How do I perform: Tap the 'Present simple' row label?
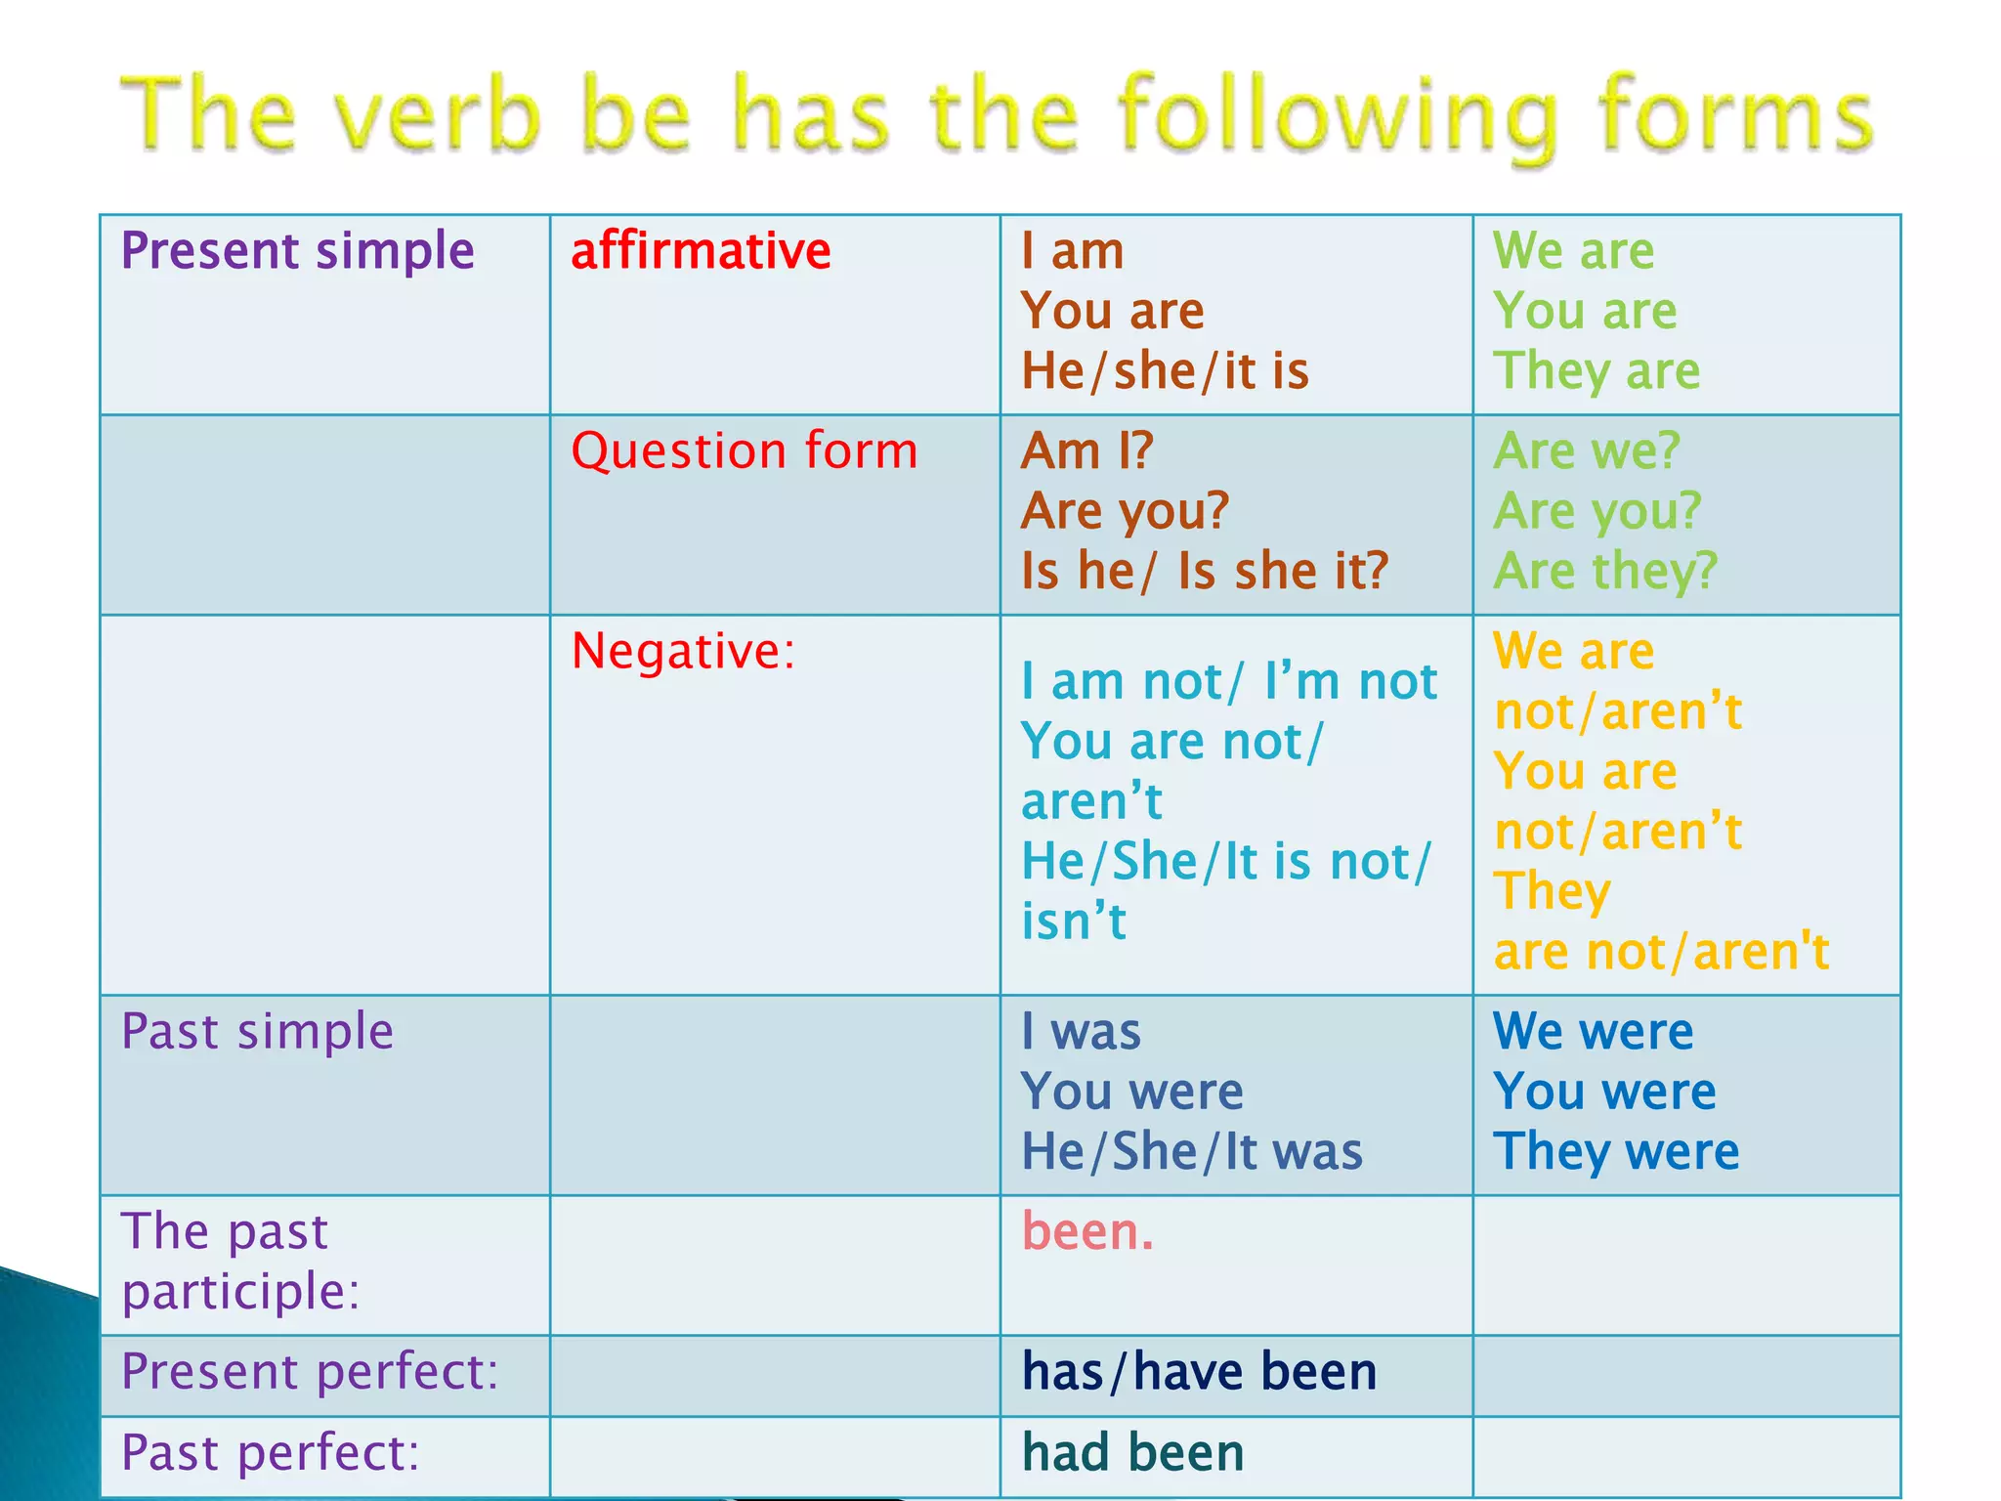(297, 251)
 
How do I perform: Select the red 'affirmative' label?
(701, 251)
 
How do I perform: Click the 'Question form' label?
(744, 451)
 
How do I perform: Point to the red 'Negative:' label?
(683, 651)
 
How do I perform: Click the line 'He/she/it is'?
(1165, 371)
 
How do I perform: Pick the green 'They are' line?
(1597, 371)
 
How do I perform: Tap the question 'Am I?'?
(1086, 451)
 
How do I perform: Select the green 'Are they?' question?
(1604, 571)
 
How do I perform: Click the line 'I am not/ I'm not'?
(1228, 681)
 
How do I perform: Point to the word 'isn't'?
(1073, 921)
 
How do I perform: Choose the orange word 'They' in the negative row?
(1552, 891)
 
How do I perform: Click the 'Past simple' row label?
(257, 1032)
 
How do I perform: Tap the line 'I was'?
(1081, 1032)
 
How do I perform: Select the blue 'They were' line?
(1616, 1151)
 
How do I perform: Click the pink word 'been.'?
(1087, 1231)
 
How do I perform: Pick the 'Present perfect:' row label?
(310, 1372)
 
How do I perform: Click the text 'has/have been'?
(1199, 1372)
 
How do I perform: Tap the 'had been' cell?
(1132, 1453)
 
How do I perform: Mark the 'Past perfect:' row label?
(270, 1453)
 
